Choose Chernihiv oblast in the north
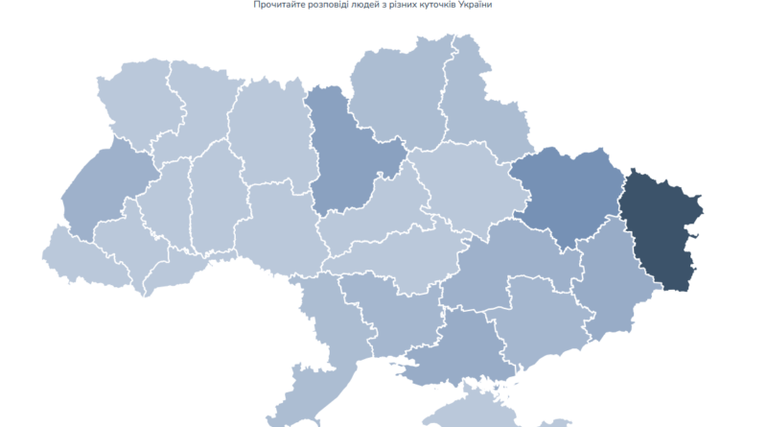(398, 96)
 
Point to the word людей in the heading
(365, 6)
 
